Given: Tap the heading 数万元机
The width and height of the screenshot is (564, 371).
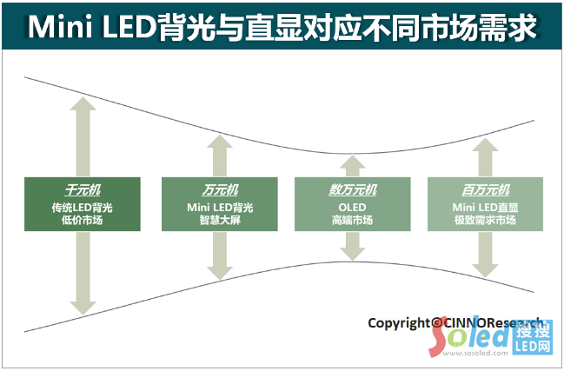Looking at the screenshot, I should tap(352, 189).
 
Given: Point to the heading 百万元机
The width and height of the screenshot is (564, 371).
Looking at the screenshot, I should tap(485, 189).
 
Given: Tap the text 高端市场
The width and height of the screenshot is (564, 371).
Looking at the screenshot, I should tap(352, 221).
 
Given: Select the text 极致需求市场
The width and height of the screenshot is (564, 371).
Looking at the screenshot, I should tap(485, 221).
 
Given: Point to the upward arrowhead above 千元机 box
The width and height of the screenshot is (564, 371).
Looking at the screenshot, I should tap(83, 105).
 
